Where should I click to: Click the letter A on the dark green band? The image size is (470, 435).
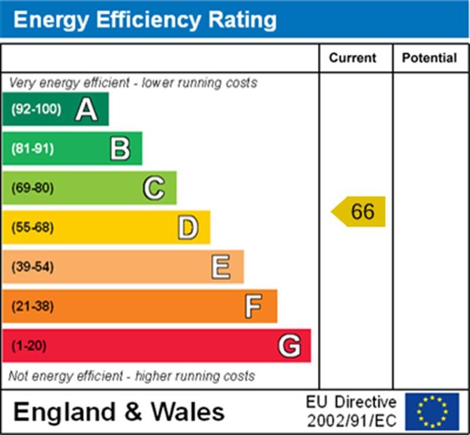click(x=86, y=109)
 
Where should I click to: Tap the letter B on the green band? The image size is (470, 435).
click(x=120, y=149)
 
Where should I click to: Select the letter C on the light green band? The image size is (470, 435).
click(x=153, y=188)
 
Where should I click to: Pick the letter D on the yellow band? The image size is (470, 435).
click(x=187, y=227)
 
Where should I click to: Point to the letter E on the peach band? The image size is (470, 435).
click(x=221, y=267)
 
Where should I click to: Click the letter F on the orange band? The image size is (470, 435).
click(x=254, y=306)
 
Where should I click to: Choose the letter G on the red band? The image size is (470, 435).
click(x=289, y=346)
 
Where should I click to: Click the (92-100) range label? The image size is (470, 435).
click(x=36, y=109)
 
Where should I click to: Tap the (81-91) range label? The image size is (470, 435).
click(x=32, y=149)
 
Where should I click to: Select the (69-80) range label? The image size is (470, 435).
click(x=32, y=188)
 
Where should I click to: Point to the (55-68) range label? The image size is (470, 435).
click(x=32, y=227)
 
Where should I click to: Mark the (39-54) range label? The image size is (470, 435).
click(x=32, y=267)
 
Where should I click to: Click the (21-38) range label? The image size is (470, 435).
click(x=32, y=306)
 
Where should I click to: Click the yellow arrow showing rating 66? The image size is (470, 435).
click(x=359, y=212)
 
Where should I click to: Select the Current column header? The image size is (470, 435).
click(x=352, y=58)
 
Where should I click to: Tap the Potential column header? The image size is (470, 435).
click(x=429, y=58)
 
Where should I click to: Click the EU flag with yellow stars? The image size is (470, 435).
click(x=432, y=411)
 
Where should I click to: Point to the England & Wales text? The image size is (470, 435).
click(x=119, y=411)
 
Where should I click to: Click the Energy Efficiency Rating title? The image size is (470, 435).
click(x=145, y=20)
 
